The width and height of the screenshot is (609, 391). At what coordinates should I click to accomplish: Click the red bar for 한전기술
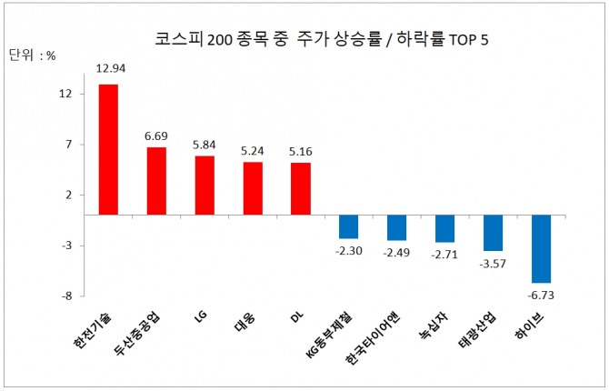tap(108, 150)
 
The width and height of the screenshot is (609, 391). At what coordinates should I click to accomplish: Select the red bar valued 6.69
tap(156, 181)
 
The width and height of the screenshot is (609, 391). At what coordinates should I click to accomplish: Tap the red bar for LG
tap(205, 185)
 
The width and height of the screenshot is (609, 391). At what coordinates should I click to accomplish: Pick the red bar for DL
tap(301, 189)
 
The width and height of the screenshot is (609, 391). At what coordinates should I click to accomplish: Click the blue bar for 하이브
tap(542, 248)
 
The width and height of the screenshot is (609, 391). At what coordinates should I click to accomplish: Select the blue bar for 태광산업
tap(494, 233)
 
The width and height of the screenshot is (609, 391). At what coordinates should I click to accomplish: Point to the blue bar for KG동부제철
tap(349, 226)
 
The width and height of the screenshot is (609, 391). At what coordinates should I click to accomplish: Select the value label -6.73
tap(542, 295)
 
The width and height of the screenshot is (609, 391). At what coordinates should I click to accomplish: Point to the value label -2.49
tap(397, 252)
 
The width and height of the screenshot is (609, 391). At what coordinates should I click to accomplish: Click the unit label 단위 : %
tap(33, 55)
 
